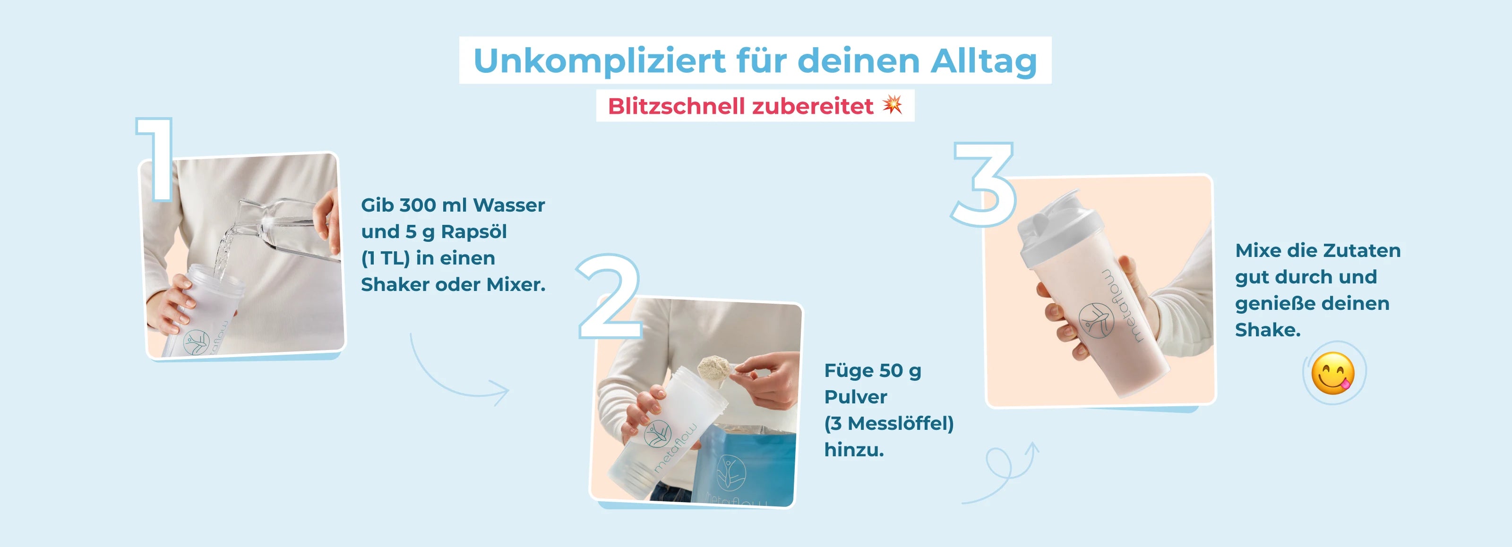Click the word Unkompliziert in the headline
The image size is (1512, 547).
[599, 61]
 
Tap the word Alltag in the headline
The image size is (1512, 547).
[984, 61]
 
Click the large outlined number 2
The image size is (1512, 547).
[609, 296]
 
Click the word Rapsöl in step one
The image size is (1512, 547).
[473, 232]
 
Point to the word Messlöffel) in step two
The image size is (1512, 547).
[901, 423]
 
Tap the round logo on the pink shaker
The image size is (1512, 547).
[1095, 320]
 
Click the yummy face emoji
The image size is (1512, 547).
[1333, 373]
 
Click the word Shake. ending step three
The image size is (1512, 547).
[1267, 330]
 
